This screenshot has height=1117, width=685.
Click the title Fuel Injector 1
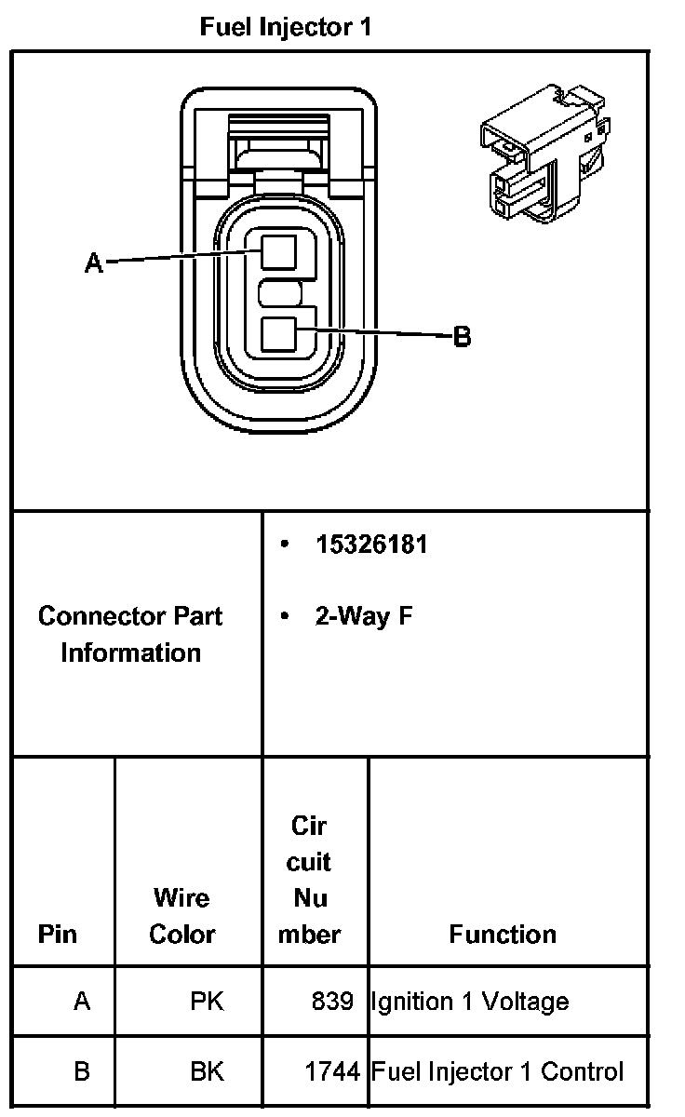[286, 27]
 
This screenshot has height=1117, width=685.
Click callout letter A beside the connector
[93, 263]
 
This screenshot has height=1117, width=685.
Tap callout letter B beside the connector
[462, 336]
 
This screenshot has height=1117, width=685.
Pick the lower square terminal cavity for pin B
[278, 334]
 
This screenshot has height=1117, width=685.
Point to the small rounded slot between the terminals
[279, 295]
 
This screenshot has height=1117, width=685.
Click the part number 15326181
[371, 545]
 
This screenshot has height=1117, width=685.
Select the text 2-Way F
[364, 616]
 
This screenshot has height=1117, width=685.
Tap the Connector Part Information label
[130, 634]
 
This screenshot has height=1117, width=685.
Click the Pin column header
[58, 934]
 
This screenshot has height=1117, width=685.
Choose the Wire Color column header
[182, 916]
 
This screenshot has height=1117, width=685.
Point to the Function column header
[503, 934]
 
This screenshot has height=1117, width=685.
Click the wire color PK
[207, 1002]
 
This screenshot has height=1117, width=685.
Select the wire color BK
[207, 1071]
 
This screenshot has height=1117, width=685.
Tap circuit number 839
[333, 1002]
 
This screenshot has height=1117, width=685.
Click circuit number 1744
[332, 1071]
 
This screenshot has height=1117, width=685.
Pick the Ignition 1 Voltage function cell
[470, 1002]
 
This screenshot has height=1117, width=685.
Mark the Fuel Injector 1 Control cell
[497, 1071]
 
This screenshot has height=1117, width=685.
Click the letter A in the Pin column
[82, 1002]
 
